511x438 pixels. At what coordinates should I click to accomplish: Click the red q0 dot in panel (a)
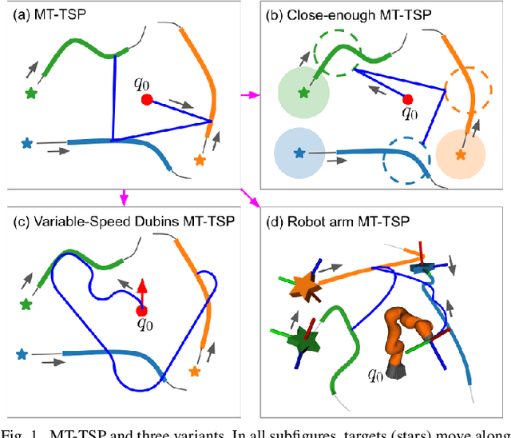pos(147,100)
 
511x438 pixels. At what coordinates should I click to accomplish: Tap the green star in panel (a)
pos(31,94)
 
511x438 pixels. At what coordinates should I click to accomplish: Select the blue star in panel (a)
pos(27,145)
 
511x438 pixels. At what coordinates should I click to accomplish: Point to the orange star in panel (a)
pos(199,161)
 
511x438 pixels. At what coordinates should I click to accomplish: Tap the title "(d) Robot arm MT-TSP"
pos(333,222)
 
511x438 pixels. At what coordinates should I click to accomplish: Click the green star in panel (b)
pos(303,94)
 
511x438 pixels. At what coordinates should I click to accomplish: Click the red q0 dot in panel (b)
pos(408,99)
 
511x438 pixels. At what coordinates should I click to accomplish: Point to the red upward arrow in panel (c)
pos(142,290)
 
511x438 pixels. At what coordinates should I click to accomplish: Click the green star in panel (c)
pos(27,305)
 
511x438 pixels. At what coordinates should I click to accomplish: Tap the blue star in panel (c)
pos(21,353)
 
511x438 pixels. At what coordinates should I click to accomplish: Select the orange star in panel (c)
pos(193,371)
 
